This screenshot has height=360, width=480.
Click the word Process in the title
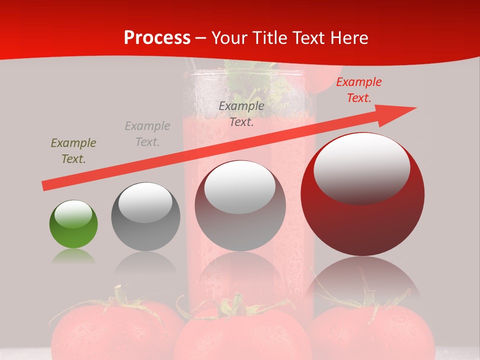[x=157, y=38]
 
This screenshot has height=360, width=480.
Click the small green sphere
[x=73, y=224]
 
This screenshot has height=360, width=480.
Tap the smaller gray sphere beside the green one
[x=145, y=216]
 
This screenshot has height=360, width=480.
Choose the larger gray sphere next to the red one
[x=240, y=206]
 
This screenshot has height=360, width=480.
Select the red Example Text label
[x=359, y=90]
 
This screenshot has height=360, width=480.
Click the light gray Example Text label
[x=147, y=134]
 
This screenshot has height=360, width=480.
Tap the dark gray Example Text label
[x=241, y=114]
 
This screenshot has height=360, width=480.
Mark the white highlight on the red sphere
[x=361, y=167]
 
